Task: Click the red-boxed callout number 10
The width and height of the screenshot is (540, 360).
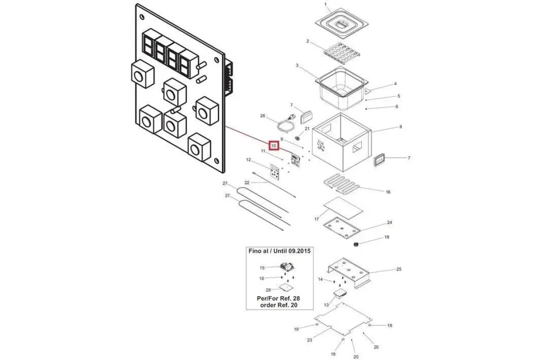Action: point(274,146)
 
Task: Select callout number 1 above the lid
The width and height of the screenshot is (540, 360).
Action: point(325,4)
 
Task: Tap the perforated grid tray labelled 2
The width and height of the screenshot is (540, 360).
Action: point(342,53)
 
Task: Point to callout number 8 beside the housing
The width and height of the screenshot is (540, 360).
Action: point(400,126)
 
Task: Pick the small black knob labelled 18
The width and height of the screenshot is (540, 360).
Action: point(356,245)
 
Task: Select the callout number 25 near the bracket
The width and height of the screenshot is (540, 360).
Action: point(399,269)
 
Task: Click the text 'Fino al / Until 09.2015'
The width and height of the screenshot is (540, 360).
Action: point(279,251)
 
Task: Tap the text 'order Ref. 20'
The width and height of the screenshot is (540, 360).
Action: point(279,305)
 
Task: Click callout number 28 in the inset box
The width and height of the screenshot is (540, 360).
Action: point(268,290)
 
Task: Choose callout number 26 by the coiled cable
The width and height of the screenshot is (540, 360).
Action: point(262,116)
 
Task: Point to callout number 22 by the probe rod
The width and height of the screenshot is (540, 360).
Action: point(247,183)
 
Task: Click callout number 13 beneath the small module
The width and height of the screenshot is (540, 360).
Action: point(326,305)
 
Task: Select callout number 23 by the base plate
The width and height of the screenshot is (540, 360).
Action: point(310,340)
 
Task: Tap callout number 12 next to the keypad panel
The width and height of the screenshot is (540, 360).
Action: point(248,160)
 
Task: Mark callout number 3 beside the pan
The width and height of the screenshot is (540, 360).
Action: point(297,65)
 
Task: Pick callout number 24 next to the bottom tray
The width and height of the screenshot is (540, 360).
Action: point(390,222)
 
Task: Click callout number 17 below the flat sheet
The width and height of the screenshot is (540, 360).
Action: point(316,219)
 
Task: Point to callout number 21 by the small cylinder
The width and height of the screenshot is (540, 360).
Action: point(307,129)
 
